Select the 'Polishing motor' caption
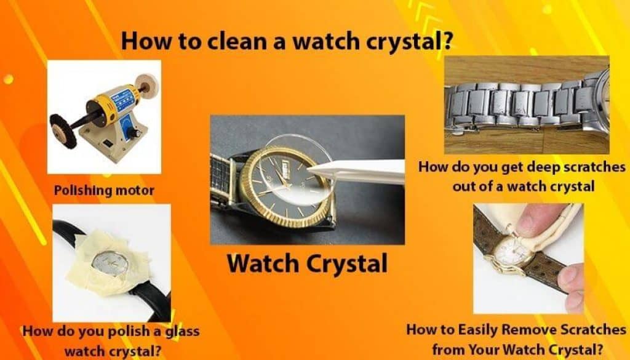pyautogui.click(x=104, y=190)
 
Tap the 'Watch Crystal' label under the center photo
pyautogui.click(x=307, y=263)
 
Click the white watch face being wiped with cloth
pyautogui.click(x=508, y=252)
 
